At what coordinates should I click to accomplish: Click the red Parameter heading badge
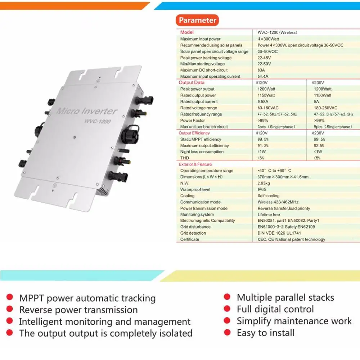(197, 21)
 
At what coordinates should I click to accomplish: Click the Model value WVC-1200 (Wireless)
(277, 32)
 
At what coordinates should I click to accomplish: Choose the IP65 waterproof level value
(262, 189)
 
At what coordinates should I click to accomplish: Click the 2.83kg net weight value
(264, 183)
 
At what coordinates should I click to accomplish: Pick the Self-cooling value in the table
(269, 196)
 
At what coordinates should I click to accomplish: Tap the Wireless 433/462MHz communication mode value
(278, 202)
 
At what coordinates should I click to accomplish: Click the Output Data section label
(191, 83)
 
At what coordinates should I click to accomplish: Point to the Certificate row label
(190, 239)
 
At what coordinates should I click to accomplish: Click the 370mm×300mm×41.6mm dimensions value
(283, 177)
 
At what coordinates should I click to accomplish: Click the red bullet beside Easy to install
(227, 332)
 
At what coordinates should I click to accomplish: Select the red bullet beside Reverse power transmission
(10, 309)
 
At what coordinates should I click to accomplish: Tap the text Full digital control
(275, 309)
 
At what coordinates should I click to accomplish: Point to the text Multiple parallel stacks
(285, 298)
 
